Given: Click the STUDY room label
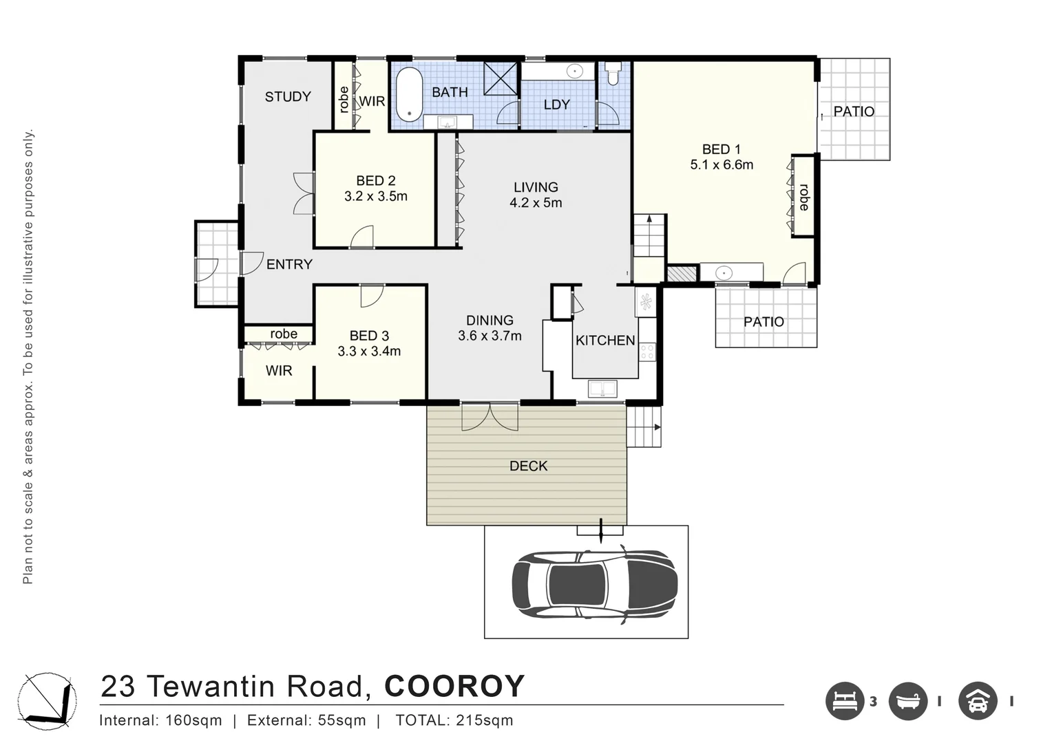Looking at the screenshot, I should [x=288, y=97].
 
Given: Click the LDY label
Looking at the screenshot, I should [x=556, y=105].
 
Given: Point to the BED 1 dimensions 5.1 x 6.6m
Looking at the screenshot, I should [x=721, y=165].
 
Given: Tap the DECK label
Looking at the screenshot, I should [x=528, y=466].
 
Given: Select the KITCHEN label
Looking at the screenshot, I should [x=604, y=341].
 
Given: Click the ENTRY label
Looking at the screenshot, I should [x=289, y=264].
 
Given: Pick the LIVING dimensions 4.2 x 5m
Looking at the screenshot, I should [x=536, y=203].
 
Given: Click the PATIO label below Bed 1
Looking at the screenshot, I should [x=764, y=322].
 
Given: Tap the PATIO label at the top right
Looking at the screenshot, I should [x=853, y=111].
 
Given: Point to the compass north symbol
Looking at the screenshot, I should [x=47, y=701].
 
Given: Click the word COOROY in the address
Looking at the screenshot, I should [x=454, y=687].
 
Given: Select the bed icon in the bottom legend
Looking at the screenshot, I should [x=844, y=701].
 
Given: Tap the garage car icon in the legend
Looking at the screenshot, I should [x=978, y=701].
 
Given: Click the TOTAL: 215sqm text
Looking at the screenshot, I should [x=454, y=721].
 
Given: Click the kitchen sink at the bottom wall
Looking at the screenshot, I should [x=602, y=389].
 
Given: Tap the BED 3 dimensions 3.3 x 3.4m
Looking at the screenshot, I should [x=369, y=352].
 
